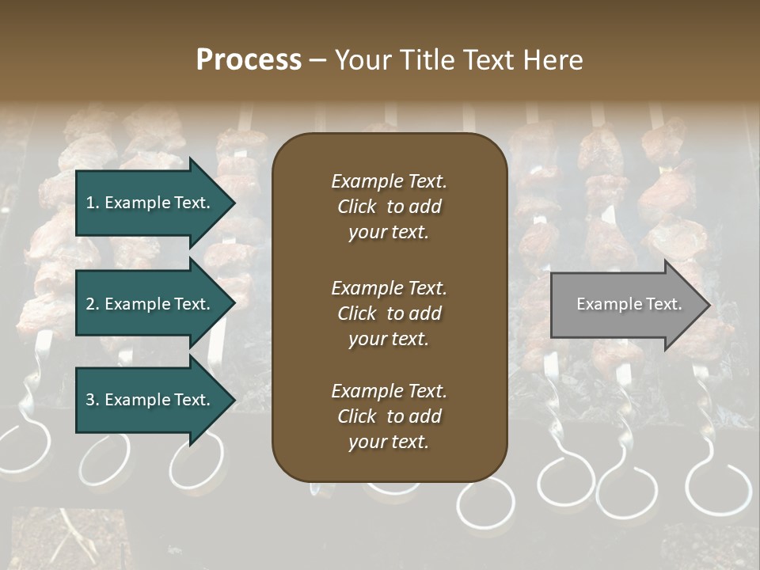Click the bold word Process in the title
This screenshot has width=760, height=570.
249,60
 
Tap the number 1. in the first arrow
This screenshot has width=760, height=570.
93,203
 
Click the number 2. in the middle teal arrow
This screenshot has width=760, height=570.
93,304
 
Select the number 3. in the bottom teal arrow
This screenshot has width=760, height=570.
93,400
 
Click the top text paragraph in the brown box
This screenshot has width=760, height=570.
389,207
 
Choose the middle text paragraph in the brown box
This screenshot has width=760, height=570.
389,313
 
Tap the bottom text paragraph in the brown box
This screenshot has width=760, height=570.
389,416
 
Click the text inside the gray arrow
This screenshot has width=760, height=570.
629,304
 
